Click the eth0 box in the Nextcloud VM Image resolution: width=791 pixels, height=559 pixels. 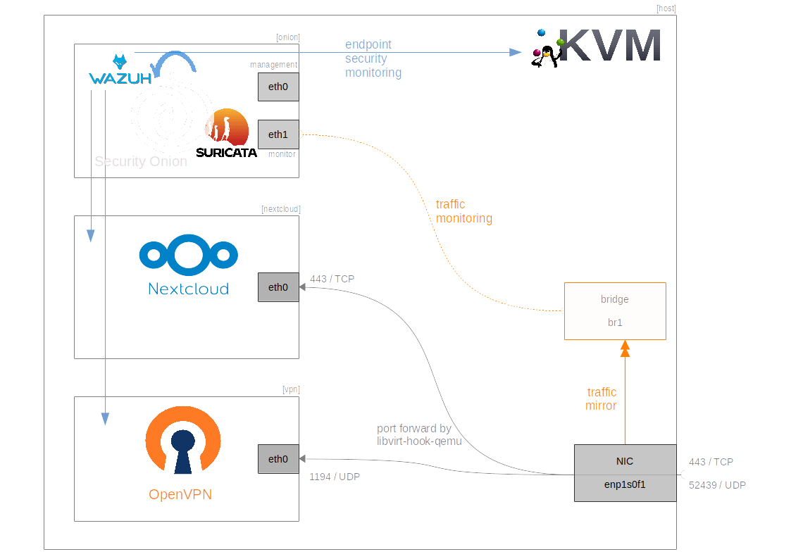[x=278, y=287]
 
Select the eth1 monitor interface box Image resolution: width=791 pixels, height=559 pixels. [x=278, y=134]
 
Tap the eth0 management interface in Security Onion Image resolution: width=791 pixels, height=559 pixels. [x=278, y=87]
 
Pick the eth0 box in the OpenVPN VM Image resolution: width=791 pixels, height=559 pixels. [x=278, y=459]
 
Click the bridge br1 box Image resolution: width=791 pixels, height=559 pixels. [x=615, y=311]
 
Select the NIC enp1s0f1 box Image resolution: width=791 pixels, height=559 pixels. [x=625, y=473]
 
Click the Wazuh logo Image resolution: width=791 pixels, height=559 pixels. [x=120, y=70]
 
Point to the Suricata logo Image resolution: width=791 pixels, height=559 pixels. [x=227, y=134]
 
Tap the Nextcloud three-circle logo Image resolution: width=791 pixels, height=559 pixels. [x=188, y=255]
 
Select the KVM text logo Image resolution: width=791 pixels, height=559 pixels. [x=610, y=45]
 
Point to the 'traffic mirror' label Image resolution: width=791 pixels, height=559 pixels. [x=601, y=398]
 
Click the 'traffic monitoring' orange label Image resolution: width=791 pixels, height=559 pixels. [x=464, y=211]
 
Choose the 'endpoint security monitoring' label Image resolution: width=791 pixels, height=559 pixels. [x=373, y=58]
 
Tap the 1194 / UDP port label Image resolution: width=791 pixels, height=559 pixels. [x=335, y=477]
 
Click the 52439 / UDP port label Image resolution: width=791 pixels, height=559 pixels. [x=717, y=485]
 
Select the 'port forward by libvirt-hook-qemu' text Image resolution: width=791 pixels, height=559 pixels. [x=419, y=434]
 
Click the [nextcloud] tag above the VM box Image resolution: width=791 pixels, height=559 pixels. [x=281, y=209]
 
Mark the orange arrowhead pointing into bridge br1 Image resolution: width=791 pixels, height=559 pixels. [x=625, y=348]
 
